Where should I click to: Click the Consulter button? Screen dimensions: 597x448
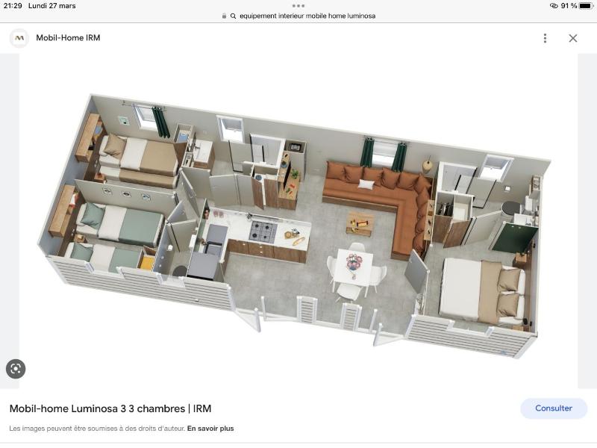coord(554,408)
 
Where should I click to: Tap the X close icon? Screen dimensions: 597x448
coord(573,38)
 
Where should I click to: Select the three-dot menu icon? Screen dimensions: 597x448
coord(546,38)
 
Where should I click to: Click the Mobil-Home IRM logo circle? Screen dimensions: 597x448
coord(19,38)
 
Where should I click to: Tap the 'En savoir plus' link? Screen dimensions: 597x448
coord(210,428)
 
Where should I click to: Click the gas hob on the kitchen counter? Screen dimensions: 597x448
coord(263,231)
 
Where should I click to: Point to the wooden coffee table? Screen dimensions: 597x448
coord(360,223)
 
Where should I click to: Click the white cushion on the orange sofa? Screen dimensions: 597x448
coord(366,184)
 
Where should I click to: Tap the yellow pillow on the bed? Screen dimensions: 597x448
coord(146,263)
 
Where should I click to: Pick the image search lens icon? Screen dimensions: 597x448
coord(16,369)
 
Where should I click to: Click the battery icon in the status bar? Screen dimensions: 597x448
coord(587,6)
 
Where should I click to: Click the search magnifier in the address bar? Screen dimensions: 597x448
coord(233,16)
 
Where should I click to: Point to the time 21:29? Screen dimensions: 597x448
coord(13,6)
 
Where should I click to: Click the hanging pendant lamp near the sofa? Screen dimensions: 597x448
coord(428,164)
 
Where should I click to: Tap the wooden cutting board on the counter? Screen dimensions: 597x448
coord(298,241)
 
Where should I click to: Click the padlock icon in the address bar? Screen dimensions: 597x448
coord(224,16)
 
